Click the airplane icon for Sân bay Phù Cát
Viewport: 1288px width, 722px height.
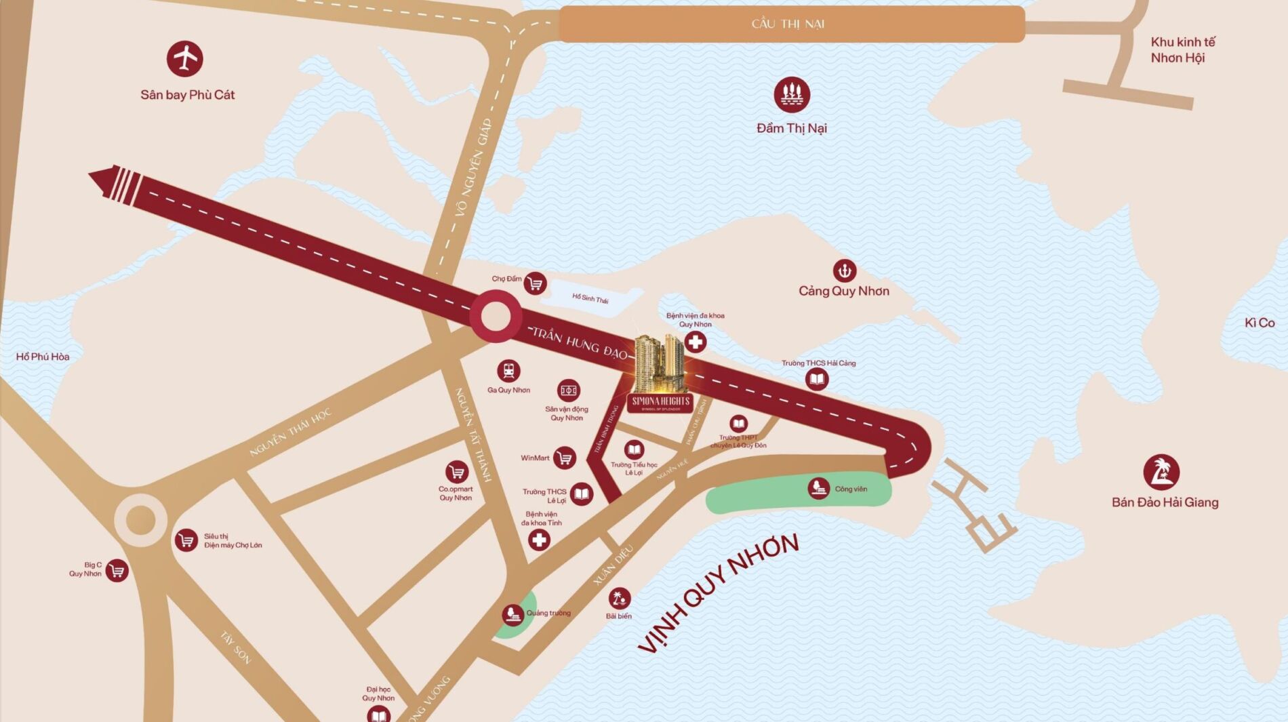tap(184, 59)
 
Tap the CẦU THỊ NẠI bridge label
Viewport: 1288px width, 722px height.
tap(788, 24)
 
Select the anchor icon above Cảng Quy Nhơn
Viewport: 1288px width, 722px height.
tap(844, 271)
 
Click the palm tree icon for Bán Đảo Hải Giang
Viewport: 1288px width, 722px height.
tap(1161, 473)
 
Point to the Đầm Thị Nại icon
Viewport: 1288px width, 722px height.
tap(792, 95)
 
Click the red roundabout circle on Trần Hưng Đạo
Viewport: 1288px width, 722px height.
tap(496, 316)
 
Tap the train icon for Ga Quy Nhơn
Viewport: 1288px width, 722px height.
tap(508, 372)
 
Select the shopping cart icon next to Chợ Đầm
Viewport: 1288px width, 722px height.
tap(535, 283)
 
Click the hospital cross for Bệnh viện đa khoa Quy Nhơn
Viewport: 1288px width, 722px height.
tap(695, 342)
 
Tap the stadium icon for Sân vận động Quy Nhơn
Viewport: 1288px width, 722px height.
tap(568, 390)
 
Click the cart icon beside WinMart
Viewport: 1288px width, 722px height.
tap(564, 458)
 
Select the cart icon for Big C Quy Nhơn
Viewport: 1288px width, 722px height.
tap(117, 571)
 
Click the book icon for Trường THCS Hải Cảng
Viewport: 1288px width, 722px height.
tap(817, 379)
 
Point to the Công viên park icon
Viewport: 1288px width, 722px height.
tap(819, 488)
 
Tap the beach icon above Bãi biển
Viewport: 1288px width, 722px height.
tap(618, 598)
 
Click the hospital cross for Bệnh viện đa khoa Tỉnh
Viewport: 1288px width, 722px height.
tap(539, 540)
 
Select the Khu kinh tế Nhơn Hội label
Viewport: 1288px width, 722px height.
tap(1183, 50)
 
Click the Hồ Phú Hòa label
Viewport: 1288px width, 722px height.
tap(43, 357)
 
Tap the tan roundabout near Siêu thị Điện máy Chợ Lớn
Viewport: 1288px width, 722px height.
tap(140, 520)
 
